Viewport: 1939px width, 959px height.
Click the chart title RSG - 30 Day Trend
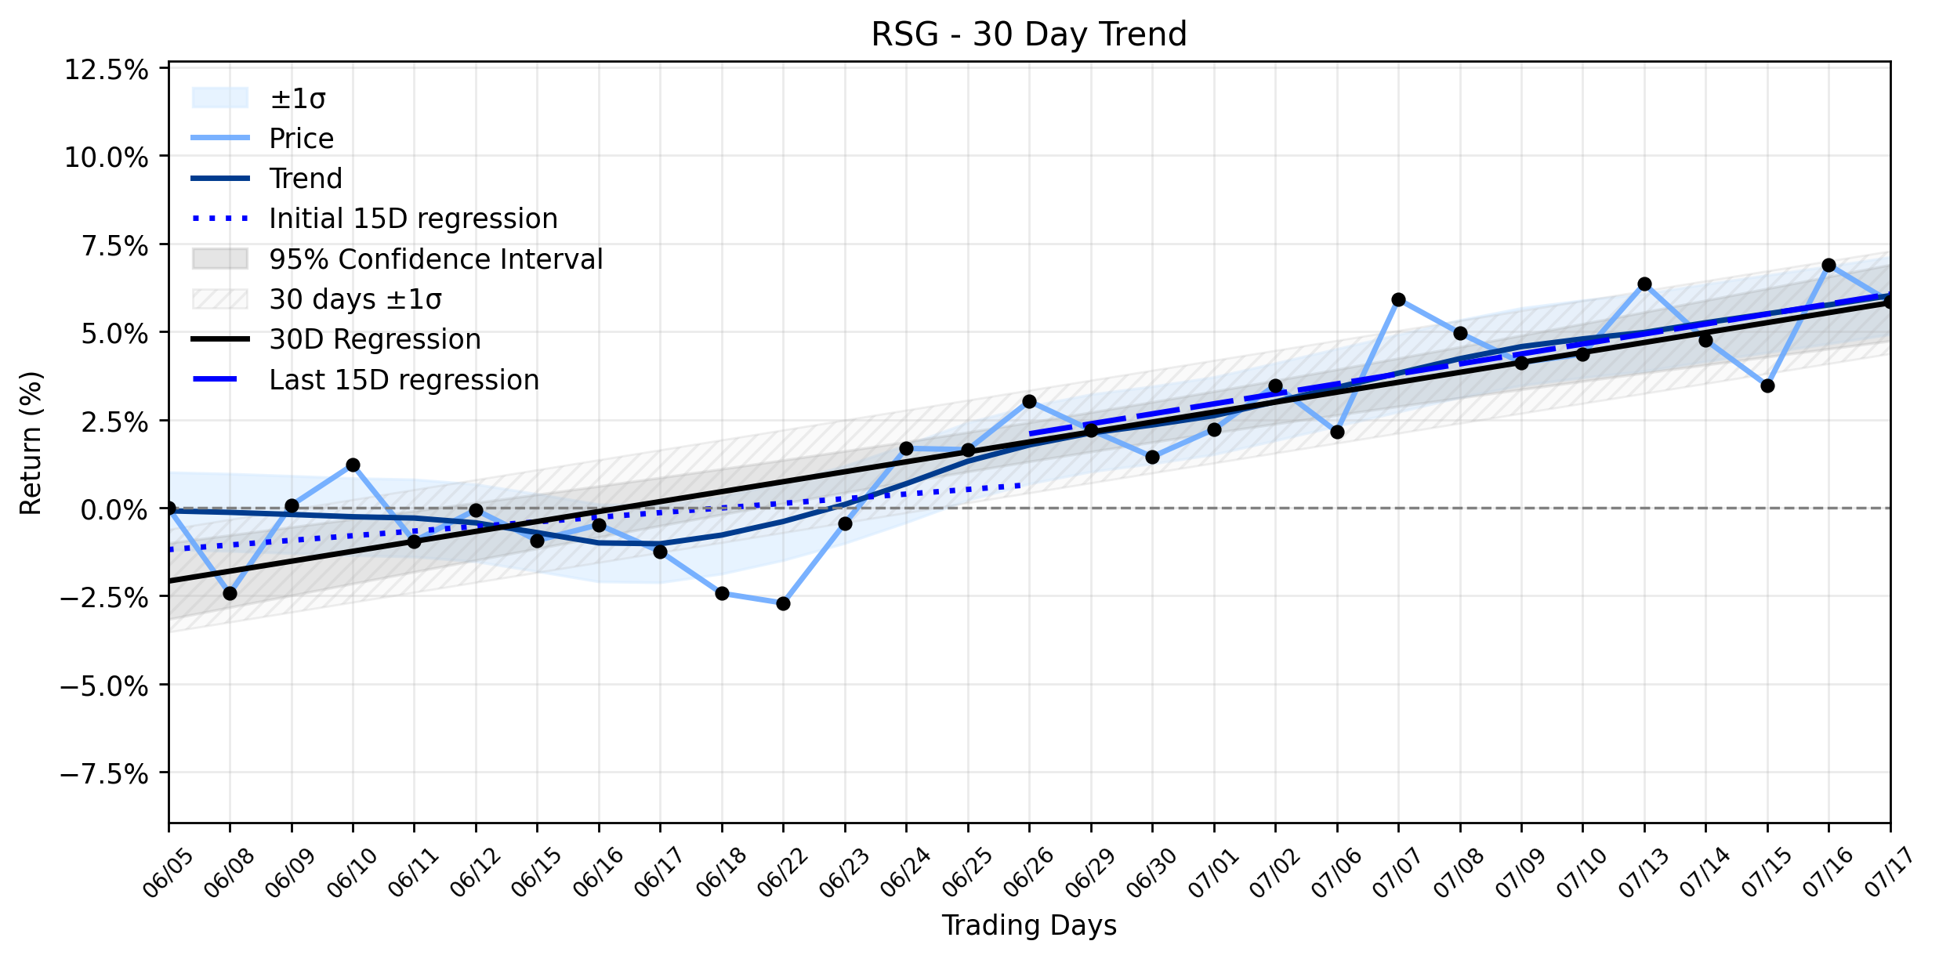point(1029,34)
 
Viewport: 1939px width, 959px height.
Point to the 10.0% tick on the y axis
point(107,157)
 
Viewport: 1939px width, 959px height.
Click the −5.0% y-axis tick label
point(104,686)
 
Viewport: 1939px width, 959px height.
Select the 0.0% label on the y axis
point(114,510)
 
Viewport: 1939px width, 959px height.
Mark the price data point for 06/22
point(783,603)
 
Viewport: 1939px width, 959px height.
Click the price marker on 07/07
point(1398,299)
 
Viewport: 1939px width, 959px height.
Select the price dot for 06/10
point(353,465)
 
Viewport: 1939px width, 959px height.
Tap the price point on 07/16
point(1828,265)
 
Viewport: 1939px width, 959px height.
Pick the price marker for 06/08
point(230,593)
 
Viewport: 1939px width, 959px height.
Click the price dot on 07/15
point(1767,385)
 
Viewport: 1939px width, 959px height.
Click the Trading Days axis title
point(1029,925)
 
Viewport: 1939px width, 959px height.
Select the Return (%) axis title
point(31,443)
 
